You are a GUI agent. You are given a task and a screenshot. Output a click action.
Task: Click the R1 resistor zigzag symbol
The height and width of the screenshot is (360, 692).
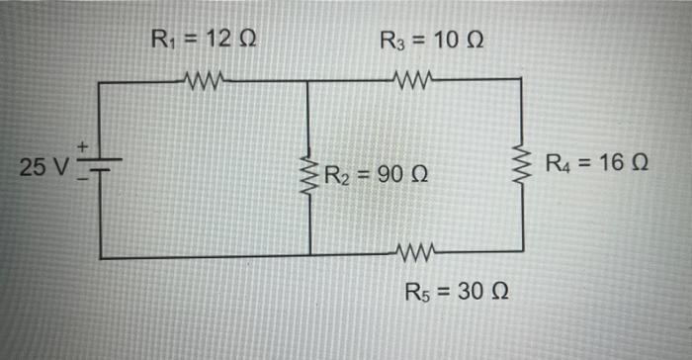[206, 78]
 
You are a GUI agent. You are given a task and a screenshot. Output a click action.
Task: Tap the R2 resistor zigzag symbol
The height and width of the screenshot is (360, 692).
[309, 176]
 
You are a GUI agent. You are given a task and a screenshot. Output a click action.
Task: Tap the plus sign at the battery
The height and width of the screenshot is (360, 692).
[85, 148]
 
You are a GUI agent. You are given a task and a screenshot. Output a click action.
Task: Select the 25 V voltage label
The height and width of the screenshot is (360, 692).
[44, 166]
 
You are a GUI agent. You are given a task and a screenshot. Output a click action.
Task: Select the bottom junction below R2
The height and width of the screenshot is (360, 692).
[309, 257]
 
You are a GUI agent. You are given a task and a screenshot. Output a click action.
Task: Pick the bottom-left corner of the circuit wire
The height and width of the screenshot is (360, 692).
[101, 257]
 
